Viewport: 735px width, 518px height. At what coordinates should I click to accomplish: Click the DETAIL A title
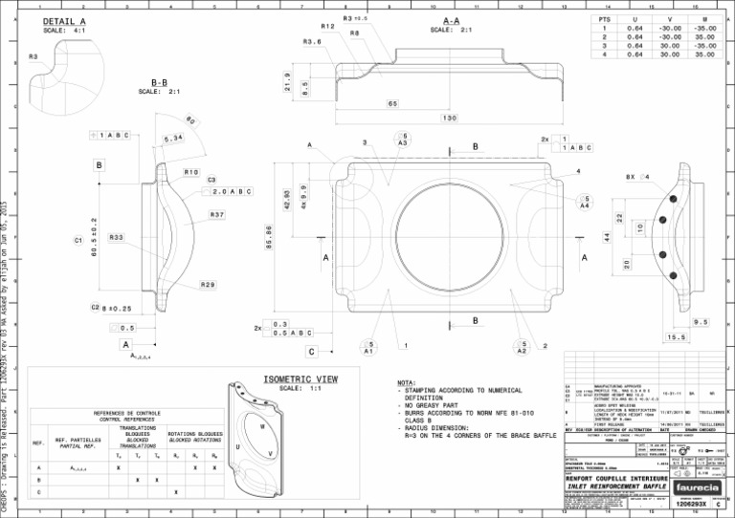tap(64, 21)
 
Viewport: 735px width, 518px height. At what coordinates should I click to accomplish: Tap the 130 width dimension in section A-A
tap(448, 119)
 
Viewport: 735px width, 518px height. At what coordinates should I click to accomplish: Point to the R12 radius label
tap(327, 27)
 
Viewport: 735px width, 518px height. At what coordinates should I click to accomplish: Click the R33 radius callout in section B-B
tap(116, 236)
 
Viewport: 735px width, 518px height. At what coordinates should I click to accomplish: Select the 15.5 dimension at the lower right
tap(677, 336)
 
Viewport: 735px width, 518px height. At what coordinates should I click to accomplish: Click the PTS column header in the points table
tap(604, 19)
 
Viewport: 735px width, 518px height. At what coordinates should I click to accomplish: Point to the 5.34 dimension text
tap(173, 140)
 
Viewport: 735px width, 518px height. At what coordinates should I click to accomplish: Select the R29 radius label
tap(208, 285)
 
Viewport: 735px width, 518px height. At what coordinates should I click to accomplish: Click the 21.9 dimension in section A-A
tap(287, 81)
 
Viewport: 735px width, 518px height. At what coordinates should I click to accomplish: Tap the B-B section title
tap(160, 82)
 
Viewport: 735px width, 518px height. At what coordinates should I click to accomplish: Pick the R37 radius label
tap(217, 215)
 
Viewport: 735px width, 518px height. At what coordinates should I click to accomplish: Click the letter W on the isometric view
tap(261, 426)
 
